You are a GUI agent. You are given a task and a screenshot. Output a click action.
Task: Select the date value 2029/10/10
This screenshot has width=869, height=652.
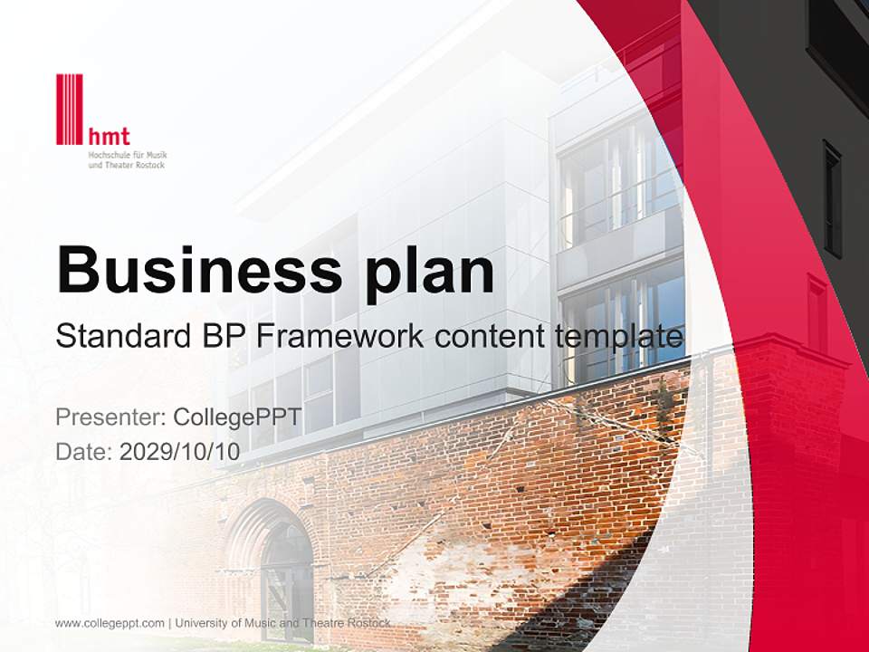pos(179,452)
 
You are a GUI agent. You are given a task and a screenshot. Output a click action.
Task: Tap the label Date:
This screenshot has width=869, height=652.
pos(83,452)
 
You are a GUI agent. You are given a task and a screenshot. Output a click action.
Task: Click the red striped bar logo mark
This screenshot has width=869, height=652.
pos(69,109)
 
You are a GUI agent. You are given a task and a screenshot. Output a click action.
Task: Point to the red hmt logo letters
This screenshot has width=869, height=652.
pos(110,137)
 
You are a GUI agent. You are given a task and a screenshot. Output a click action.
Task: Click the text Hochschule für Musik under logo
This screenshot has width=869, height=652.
pos(128,156)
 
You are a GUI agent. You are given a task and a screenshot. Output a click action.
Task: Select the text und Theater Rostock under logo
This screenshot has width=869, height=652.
pos(126,166)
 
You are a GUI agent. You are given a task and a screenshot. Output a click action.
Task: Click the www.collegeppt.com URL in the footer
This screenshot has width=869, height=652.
pos(110,623)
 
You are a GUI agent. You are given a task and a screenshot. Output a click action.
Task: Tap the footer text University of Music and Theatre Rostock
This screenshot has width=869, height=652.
pos(283,623)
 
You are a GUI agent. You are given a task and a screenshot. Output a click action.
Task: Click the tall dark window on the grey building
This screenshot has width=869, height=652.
pos(832,199)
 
